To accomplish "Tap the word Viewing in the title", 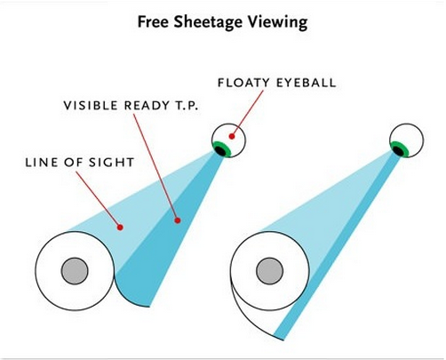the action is pyautogui.click(x=278, y=22).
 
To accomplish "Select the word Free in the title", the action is pyautogui.click(x=154, y=21).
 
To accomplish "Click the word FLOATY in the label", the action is pyautogui.click(x=243, y=83).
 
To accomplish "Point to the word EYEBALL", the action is pyautogui.click(x=307, y=83).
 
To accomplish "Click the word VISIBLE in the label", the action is pyautogui.click(x=91, y=106).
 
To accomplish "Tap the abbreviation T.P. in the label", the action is pyautogui.click(x=187, y=106).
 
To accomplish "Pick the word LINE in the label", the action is pyautogui.click(x=39, y=163).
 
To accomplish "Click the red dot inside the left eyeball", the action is pyautogui.click(x=232, y=136).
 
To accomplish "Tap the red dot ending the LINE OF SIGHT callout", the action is pyautogui.click(x=120, y=228).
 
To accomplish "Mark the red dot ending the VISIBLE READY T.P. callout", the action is pyautogui.click(x=178, y=220).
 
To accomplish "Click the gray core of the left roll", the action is pyautogui.click(x=75, y=271).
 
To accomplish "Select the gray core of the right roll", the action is pyautogui.click(x=269, y=271).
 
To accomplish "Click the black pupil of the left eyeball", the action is pyautogui.click(x=220, y=150).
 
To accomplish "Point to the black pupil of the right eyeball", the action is pyautogui.click(x=399, y=151).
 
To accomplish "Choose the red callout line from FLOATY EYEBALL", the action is pyautogui.click(x=248, y=113).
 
